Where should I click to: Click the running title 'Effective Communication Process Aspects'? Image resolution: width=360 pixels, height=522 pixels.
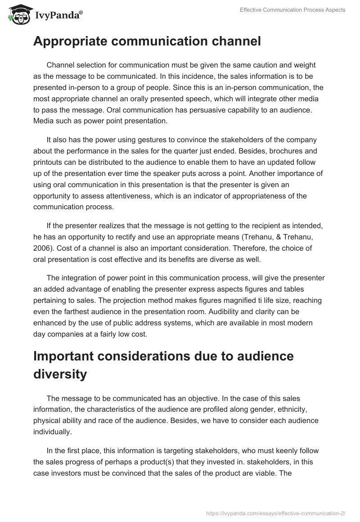pos(292,10)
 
